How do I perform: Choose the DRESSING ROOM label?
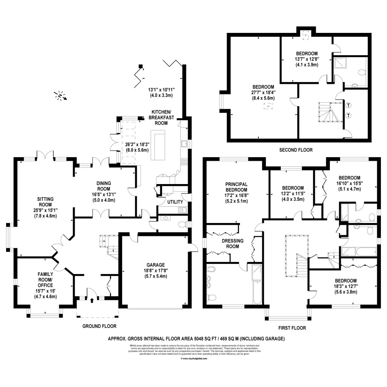[233, 243]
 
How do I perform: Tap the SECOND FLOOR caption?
[296, 150]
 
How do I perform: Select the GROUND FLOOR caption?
[100, 326]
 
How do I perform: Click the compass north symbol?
[60, 96]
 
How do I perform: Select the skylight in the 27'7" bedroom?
[268, 107]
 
